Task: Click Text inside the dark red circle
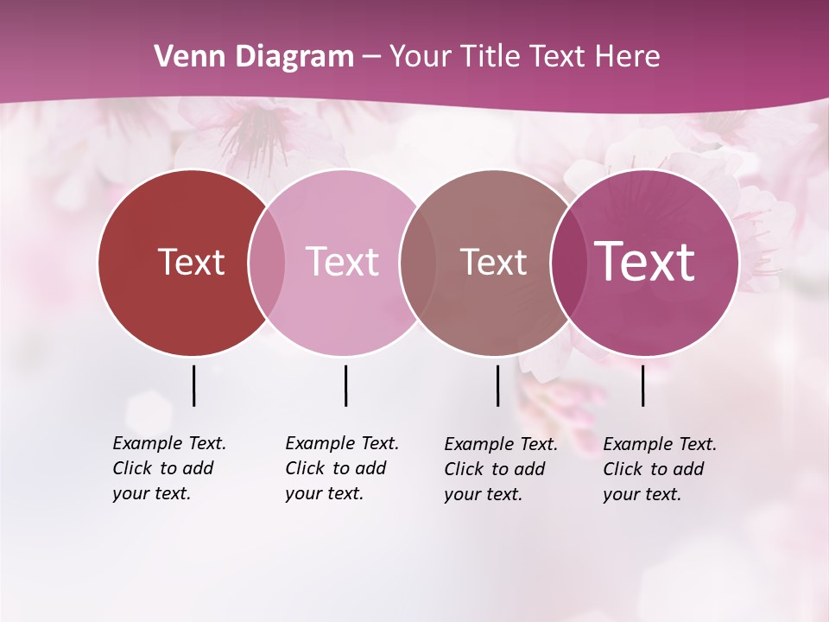click(191, 262)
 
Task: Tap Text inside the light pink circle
click(343, 262)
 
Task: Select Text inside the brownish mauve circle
click(493, 262)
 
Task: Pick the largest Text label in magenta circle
click(645, 262)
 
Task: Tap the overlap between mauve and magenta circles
click(566, 263)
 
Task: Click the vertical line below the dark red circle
click(193, 385)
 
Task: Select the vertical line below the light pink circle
click(345, 385)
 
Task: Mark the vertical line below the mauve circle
click(497, 385)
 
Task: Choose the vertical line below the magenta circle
click(642, 385)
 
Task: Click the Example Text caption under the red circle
click(169, 468)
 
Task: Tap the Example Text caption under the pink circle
click(342, 468)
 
